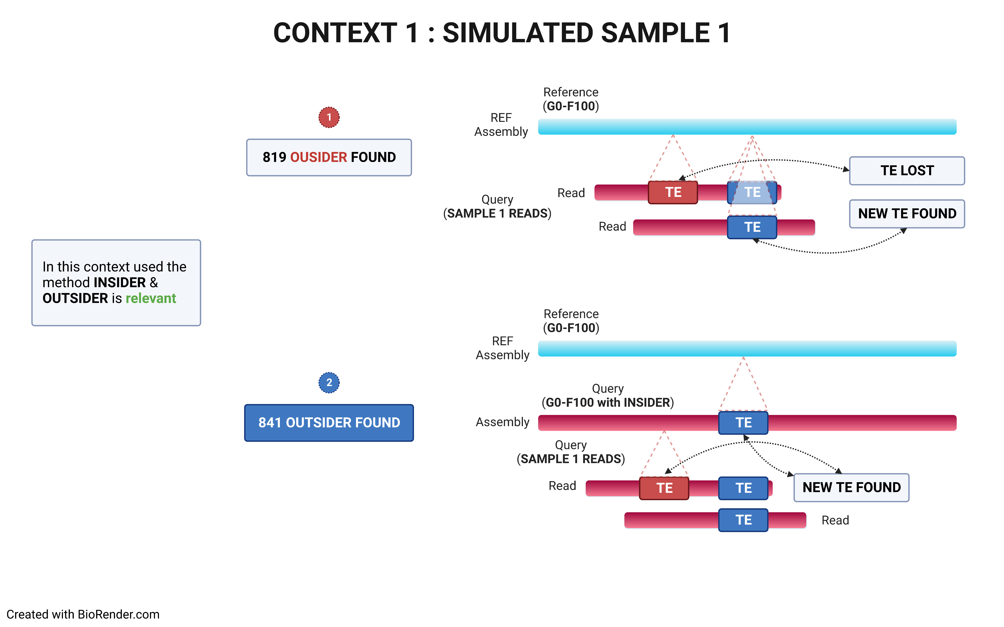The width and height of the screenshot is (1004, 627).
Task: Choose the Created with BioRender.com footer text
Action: [x=83, y=614]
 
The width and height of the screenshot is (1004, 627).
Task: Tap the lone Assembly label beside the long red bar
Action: [x=502, y=422]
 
